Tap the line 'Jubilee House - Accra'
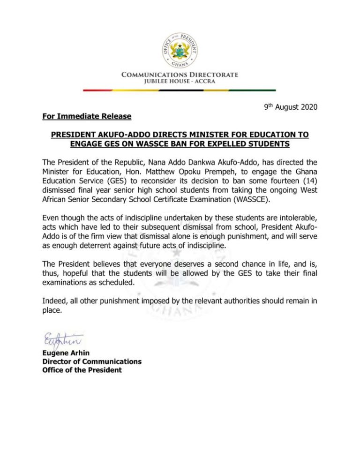180,82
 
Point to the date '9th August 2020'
290,107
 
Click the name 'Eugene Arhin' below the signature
65,353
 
